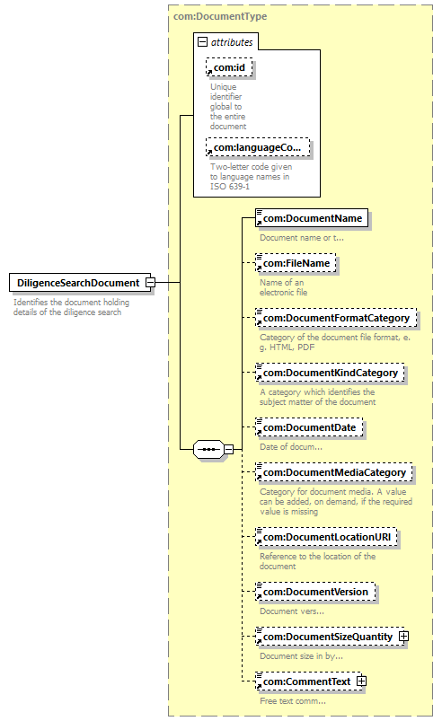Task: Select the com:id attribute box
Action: click(x=229, y=67)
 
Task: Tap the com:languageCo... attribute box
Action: click(x=258, y=147)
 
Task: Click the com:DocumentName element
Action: click(x=312, y=218)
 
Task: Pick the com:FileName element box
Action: click(x=296, y=263)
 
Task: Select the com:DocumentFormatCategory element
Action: click(x=336, y=318)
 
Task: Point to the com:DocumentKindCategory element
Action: click(x=330, y=373)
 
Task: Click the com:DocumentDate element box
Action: click(x=309, y=427)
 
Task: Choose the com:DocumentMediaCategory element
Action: click(x=334, y=472)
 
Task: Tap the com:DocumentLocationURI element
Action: click(x=326, y=537)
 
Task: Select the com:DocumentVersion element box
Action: click(x=315, y=592)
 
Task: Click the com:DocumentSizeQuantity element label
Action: click(x=328, y=637)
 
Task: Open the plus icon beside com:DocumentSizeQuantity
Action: click(x=403, y=636)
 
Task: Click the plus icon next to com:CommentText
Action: click(x=361, y=681)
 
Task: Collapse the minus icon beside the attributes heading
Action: click(x=202, y=42)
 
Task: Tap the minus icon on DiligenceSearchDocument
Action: click(x=150, y=282)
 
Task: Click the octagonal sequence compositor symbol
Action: click(x=208, y=449)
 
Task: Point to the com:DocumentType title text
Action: click(x=220, y=16)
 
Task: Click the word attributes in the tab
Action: click(x=232, y=42)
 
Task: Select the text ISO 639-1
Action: click(x=230, y=187)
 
